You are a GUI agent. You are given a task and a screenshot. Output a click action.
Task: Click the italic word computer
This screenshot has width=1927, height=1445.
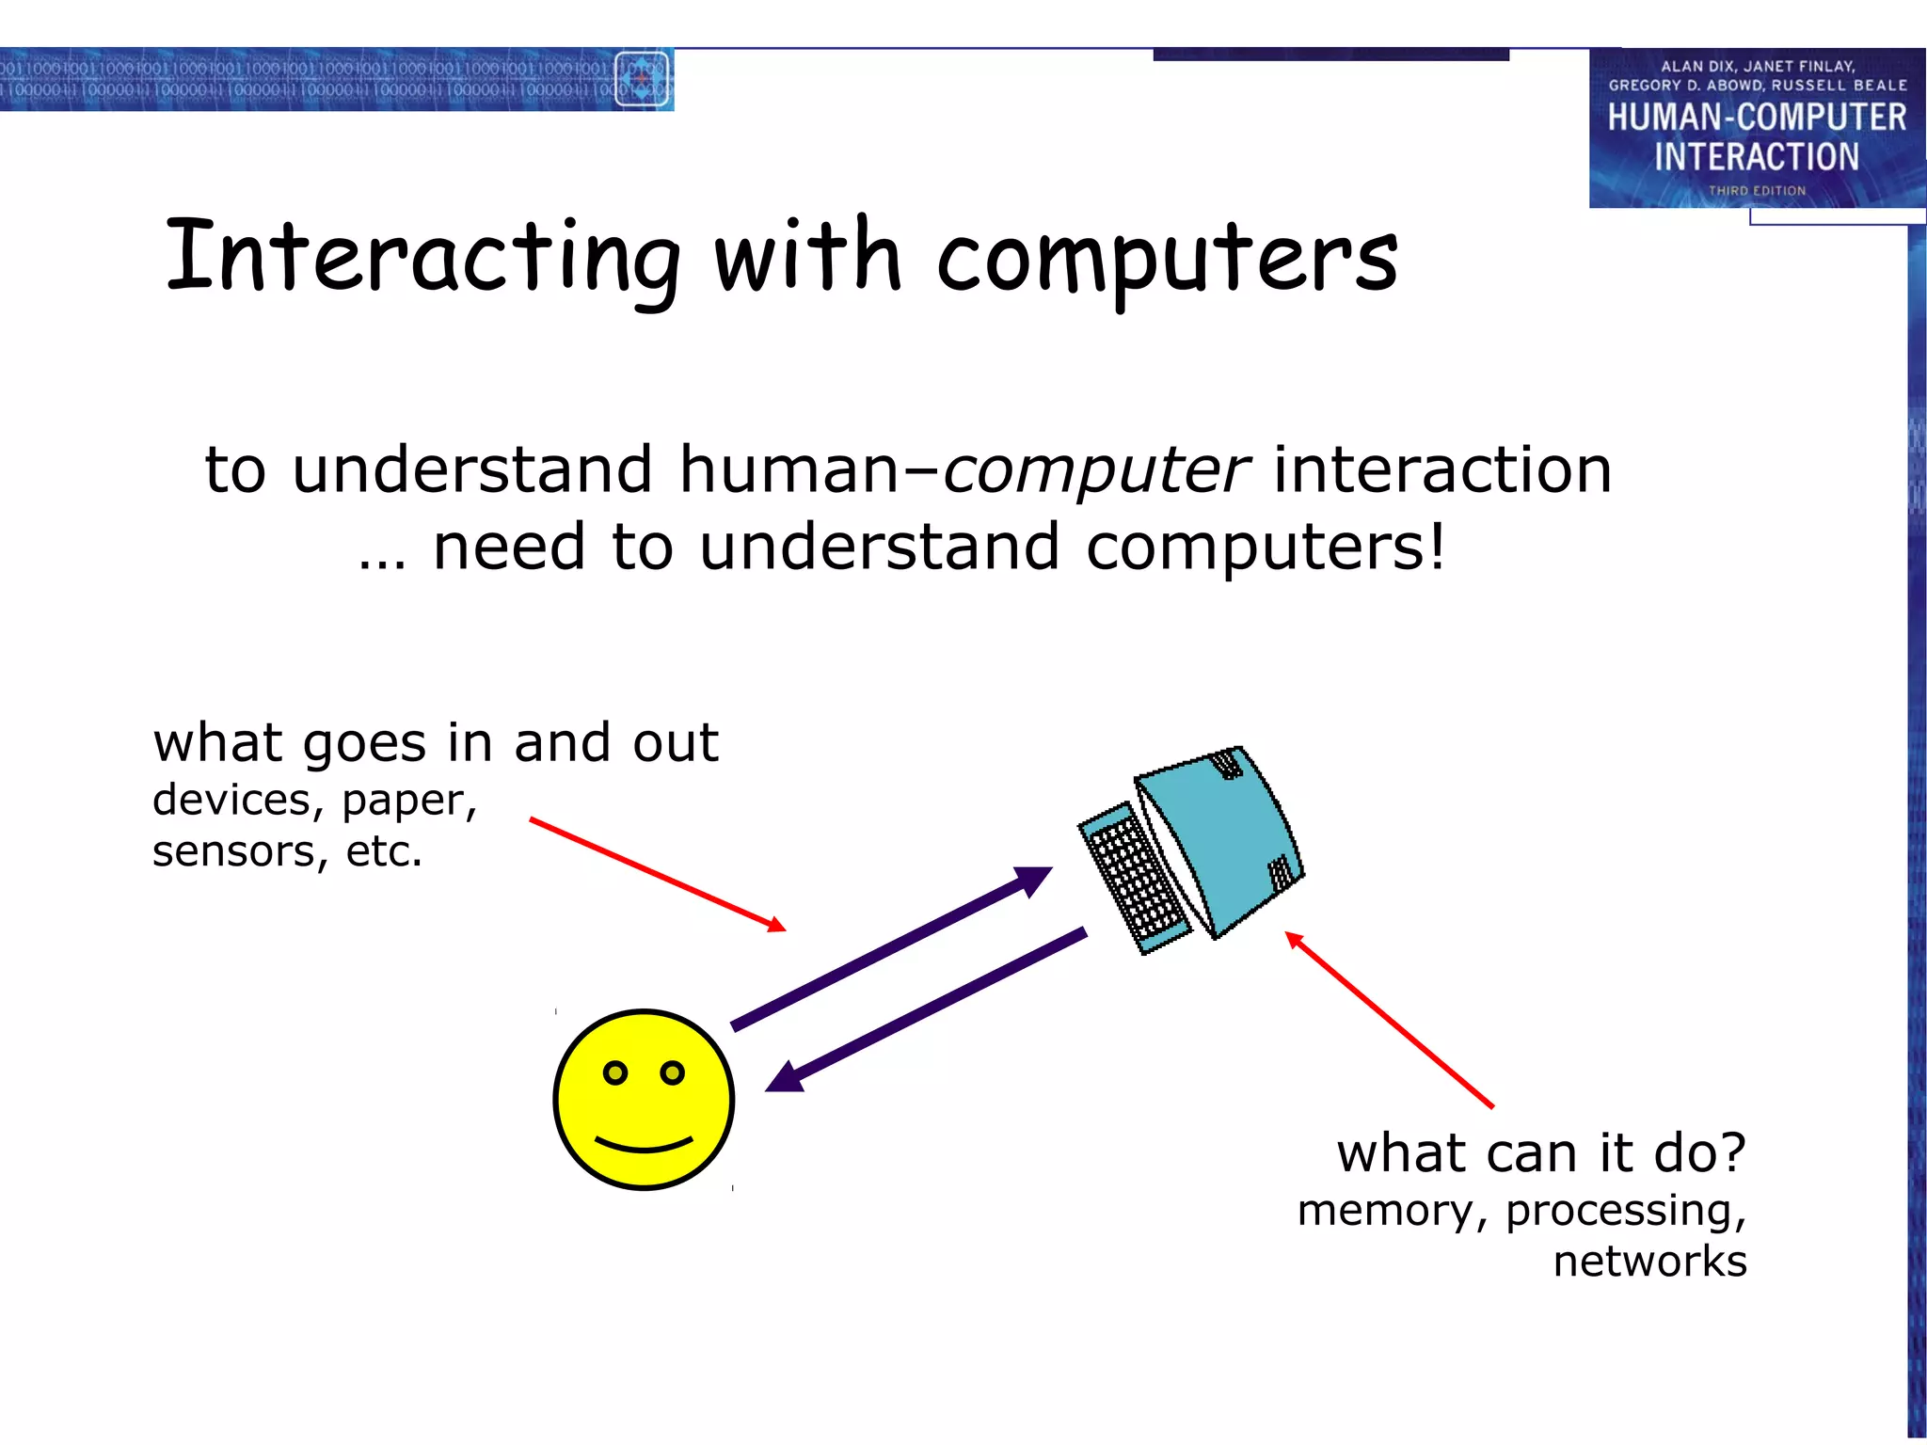tap(1096, 469)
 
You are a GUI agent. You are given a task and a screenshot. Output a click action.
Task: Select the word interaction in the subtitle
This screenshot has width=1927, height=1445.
tap(1441, 469)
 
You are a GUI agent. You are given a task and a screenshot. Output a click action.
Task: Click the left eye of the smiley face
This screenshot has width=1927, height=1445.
tap(615, 1072)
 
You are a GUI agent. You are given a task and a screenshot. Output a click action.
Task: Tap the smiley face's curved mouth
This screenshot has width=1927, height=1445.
tap(644, 1146)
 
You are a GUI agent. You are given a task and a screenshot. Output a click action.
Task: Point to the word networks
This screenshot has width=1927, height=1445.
tap(1648, 1262)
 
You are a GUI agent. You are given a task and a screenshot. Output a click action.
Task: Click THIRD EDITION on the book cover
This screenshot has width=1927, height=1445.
tap(1757, 191)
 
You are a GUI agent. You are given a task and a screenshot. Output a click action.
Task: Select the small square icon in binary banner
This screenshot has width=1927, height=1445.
tap(642, 79)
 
